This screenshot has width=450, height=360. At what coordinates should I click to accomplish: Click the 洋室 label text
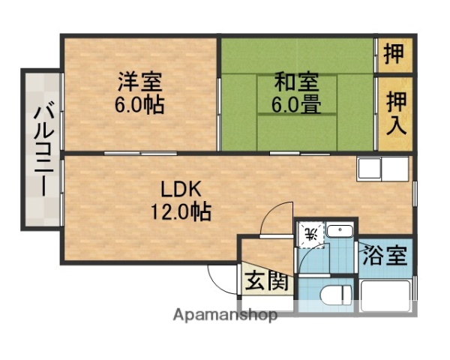[140, 80]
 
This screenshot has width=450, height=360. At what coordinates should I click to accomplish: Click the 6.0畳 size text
[295, 104]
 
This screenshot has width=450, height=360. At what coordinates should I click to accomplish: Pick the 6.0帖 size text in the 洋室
[140, 104]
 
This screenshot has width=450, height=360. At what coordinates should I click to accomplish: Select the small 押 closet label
[394, 54]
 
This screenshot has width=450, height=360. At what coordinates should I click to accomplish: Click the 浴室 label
[385, 256]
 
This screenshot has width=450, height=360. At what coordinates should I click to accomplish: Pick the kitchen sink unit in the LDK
[383, 169]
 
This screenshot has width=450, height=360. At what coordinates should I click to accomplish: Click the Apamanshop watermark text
[225, 314]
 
